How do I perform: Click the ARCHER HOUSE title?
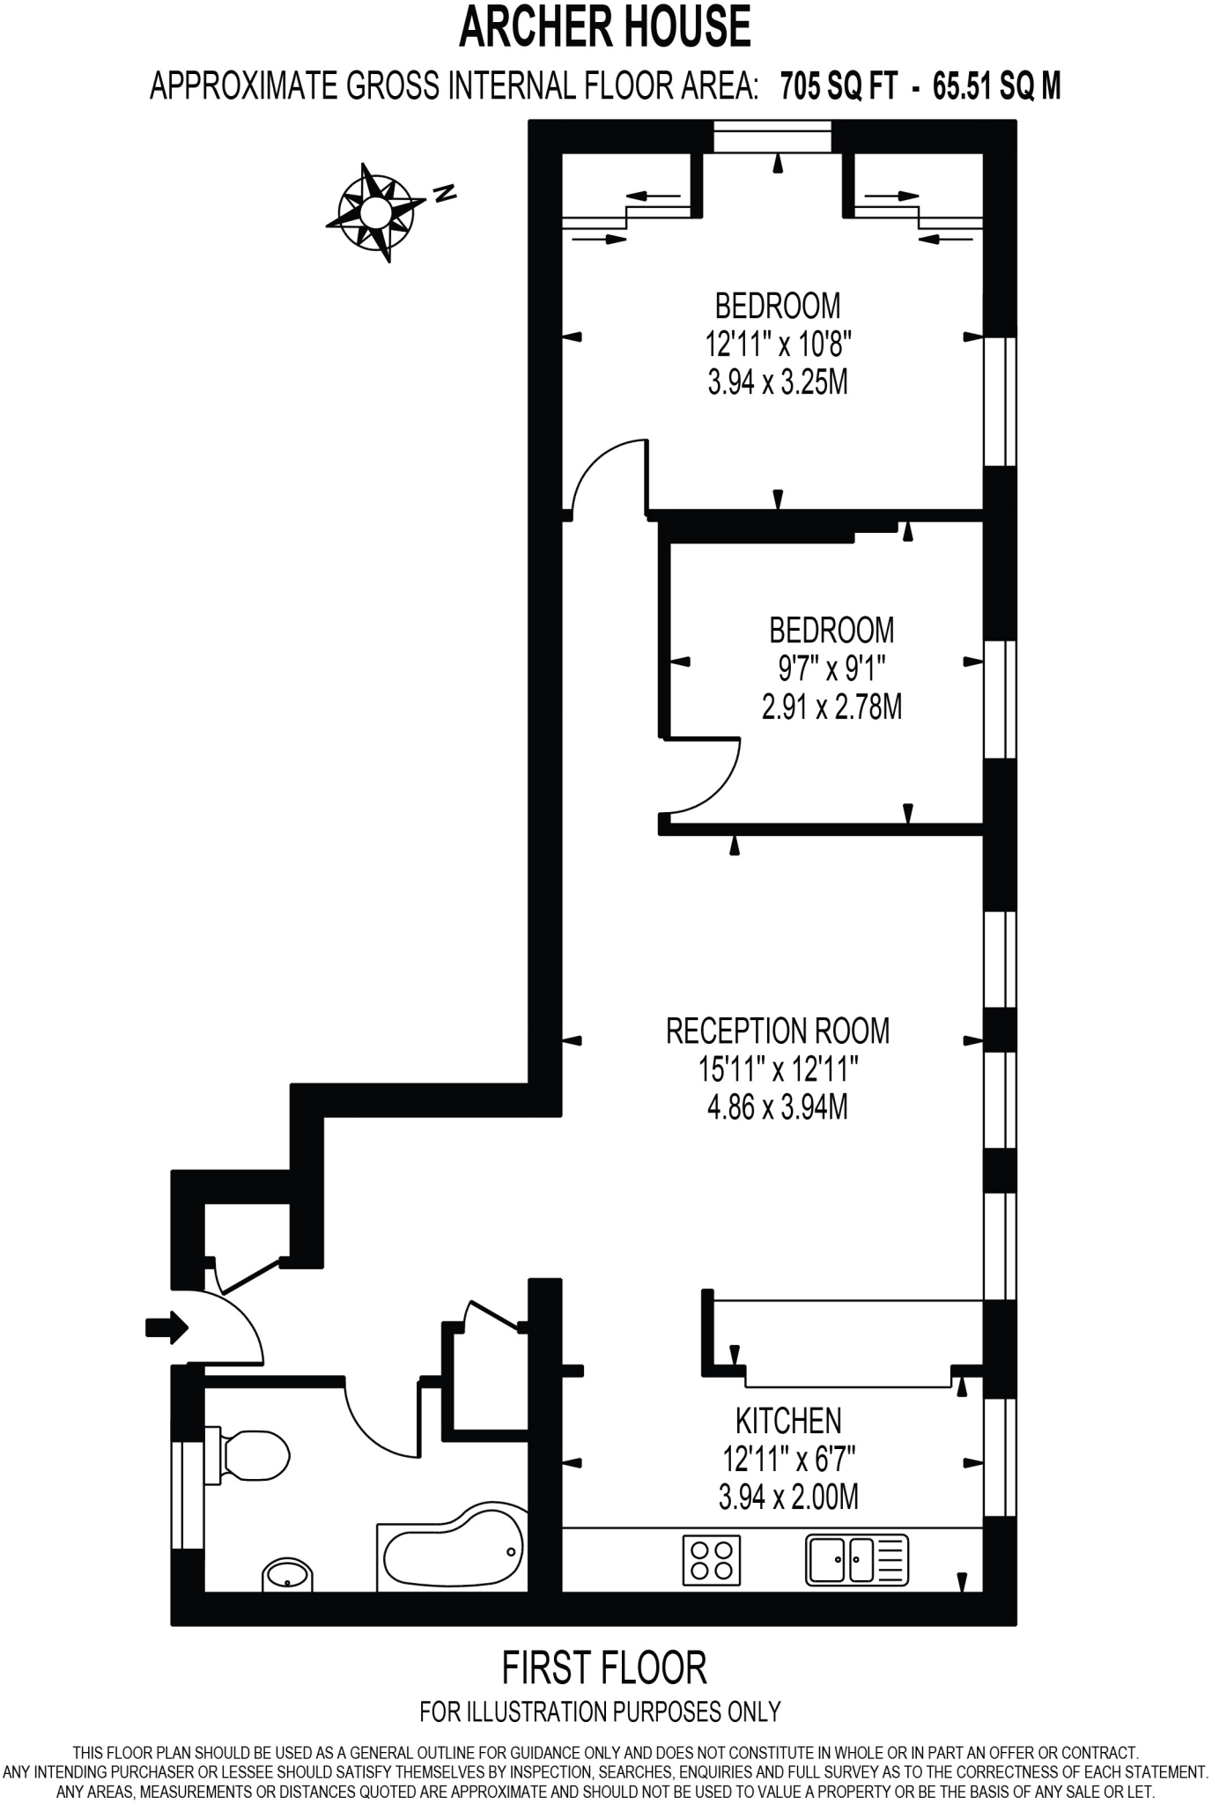coord(605,28)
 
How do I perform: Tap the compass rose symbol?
coord(375,212)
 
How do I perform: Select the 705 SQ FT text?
coord(839,86)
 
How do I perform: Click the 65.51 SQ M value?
coord(996,86)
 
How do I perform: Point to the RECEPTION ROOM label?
coord(778,1031)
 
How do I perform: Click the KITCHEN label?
coord(788,1421)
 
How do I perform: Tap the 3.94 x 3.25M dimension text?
coord(778,382)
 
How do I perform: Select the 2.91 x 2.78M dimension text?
coord(831,706)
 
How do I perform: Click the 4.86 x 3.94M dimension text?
coord(778,1106)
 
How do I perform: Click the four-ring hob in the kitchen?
coord(712,1559)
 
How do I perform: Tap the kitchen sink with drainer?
coord(856,1560)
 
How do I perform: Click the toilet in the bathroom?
coord(249,1454)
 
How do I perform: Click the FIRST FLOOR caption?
coord(604,1667)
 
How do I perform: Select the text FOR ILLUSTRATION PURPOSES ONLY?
coord(601,1712)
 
